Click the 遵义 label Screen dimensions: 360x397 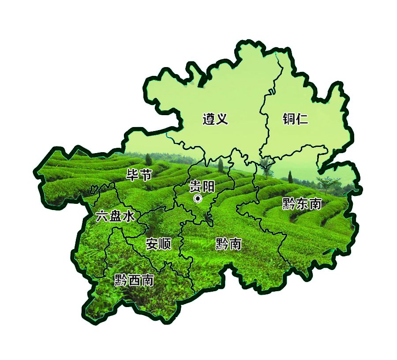pyautogui.click(x=215, y=119)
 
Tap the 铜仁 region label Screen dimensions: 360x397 pyautogui.click(x=295, y=119)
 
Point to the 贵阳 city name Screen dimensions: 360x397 pyautogui.click(x=202, y=187)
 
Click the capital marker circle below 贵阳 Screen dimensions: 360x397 pyautogui.click(x=198, y=199)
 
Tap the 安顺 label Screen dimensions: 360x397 pyautogui.click(x=158, y=244)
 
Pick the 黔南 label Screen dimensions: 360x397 pyautogui.click(x=228, y=244)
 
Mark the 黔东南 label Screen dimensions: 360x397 pyautogui.click(x=302, y=204)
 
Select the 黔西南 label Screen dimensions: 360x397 pyautogui.click(x=134, y=280)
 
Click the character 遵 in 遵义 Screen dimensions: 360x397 pyautogui.click(x=209, y=119)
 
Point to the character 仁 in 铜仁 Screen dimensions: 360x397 pyautogui.click(x=302, y=119)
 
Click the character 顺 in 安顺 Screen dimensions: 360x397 pyautogui.click(x=165, y=244)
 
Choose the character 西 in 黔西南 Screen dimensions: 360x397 pyautogui.click(x=134, y=280)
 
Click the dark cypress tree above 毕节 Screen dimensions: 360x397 pyautogui.click(x=148, y=159)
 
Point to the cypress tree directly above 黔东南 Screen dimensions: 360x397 pyautogui.click(x=290, y=176)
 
